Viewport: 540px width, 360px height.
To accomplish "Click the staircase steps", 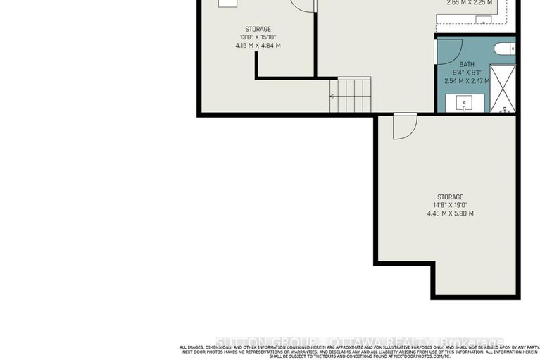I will click(x=350, y=95).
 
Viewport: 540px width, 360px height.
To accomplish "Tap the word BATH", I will click(x=467, y=64).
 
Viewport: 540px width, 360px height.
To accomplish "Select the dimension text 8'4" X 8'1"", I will click(x=467, y=73).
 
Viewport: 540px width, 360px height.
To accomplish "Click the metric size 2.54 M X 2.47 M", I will click(x=467, y=81).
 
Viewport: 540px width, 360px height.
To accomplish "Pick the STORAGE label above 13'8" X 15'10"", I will click(x=258, y=29).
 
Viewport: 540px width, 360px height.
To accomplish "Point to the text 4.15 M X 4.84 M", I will click(x=258, y=46).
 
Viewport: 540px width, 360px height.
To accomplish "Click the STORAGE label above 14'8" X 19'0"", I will click(x=449, y=197).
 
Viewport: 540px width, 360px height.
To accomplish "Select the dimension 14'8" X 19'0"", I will click(x=449, y=205).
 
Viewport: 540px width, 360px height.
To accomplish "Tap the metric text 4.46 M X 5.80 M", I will click(x=449, y=213).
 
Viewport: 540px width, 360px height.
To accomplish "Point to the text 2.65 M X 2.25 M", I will click(x=469, y=3).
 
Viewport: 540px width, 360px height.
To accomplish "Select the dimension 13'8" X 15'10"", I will click(x=258, y=37).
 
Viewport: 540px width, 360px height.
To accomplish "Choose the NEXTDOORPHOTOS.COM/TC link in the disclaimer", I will click(x=423, y=356).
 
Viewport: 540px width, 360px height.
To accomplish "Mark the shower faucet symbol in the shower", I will click(x=504, y=110).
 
